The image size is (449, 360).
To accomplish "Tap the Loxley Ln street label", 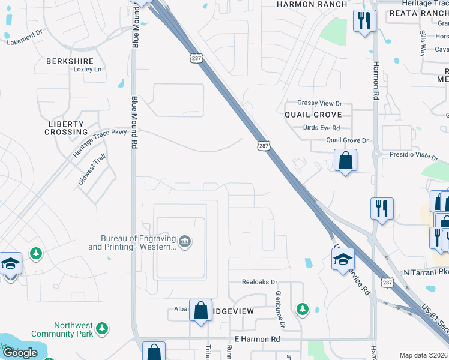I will (x=87, y=70).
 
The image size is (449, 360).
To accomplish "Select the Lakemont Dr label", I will (x=25, y=42).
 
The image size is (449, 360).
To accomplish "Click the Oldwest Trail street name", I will (x=91, y=170).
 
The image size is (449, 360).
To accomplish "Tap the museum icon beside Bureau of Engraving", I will (x=184, y=242).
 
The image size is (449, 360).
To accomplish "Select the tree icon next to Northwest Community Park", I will (x=103, y=328).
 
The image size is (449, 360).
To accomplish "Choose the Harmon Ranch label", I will (x=312, y=4).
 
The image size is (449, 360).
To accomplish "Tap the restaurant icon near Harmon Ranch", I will (x=364, y=22).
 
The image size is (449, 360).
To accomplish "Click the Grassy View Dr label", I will (x=319, y=104).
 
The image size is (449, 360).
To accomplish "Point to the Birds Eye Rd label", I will (x=321, y=128).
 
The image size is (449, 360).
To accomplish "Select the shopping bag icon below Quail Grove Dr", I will (x=345, y=160).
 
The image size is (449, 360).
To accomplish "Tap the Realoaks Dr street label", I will (x=259, y=281).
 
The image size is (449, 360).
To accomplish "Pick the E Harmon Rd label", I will (x=258, y=339).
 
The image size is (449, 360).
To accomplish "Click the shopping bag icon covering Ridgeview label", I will (x=200, y=310).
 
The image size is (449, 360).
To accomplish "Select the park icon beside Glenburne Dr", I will (x=303, y=309).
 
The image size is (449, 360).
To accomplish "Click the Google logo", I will (x=19, y=353).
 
